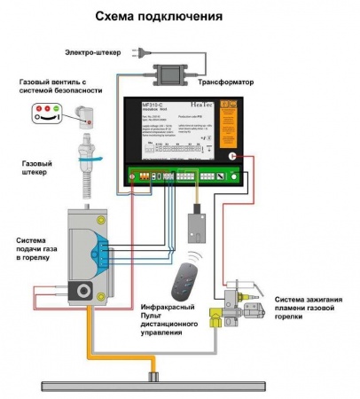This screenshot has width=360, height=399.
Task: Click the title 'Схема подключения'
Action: click(180, 17)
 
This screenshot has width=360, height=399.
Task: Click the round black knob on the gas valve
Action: click(85, 290)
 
